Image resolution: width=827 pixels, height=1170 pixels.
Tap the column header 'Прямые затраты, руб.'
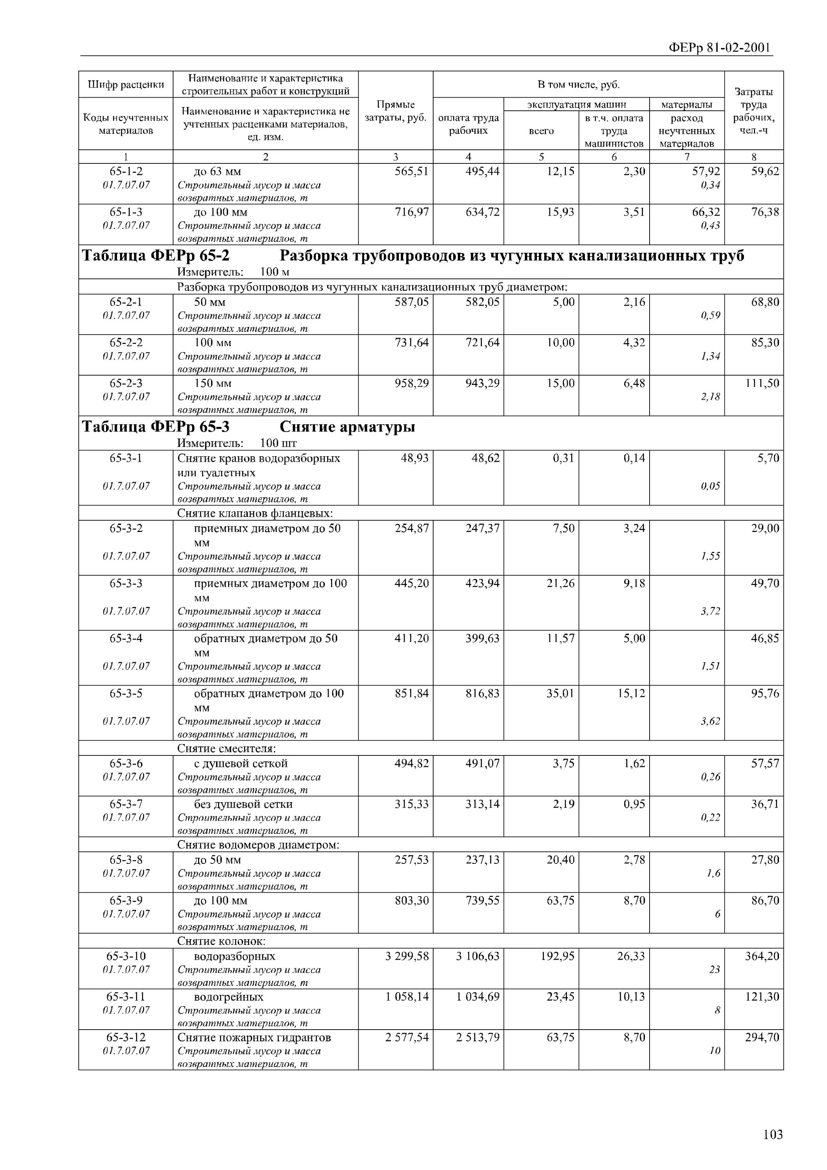[395, 111]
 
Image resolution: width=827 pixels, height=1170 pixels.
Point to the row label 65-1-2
[126, 172]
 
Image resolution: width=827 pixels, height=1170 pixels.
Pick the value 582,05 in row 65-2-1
[482, 302]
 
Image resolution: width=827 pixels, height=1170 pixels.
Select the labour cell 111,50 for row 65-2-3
[762, 383]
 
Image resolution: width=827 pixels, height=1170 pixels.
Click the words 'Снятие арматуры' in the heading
[347, 427]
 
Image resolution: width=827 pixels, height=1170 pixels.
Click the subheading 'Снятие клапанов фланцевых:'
[255, 513]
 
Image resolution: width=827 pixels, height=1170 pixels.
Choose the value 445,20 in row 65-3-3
[412, 583]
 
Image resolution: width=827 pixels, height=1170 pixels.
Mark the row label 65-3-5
[126, 693]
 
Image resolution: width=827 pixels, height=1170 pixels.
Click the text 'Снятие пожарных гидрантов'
[254, 1037]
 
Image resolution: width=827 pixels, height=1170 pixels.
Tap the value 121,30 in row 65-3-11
[762, 997]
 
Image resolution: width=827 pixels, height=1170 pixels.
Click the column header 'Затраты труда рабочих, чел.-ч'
[753, 111]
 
